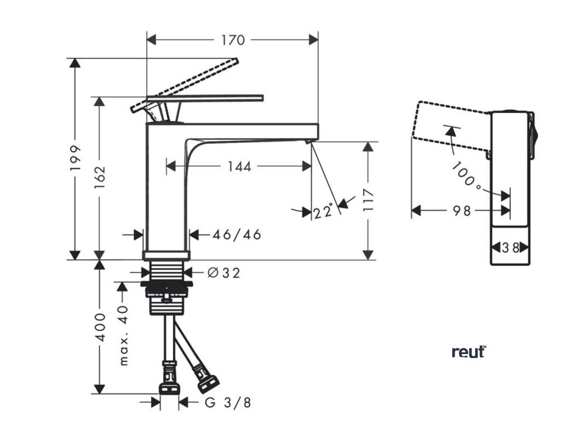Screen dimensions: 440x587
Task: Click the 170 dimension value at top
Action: coord(233,40)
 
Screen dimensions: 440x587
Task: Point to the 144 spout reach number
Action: coord(238,166)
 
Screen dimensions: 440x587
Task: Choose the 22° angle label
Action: coord(323,212)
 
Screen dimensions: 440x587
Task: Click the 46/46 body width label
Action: coord(237,234)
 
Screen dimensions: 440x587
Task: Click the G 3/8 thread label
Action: coord(228,403)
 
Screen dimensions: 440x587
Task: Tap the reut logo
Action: coord(469,352)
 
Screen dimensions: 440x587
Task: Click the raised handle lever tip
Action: coord(234,60)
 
